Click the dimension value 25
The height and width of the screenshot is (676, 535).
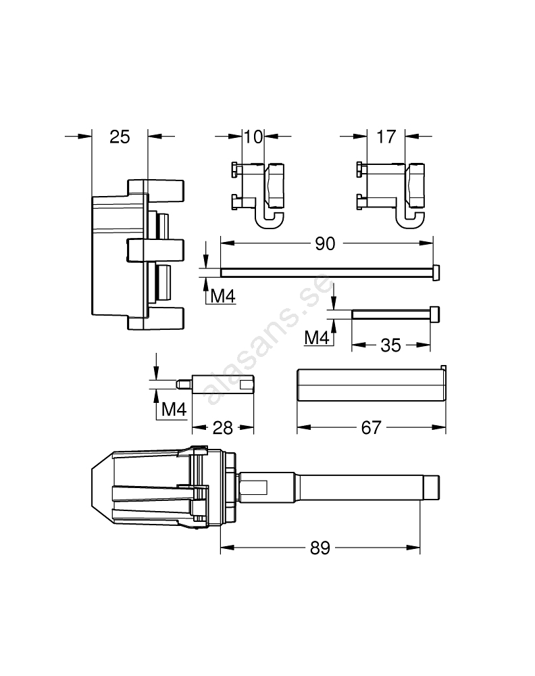(x=120, y=137)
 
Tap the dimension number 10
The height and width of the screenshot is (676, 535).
(x=253, y=137)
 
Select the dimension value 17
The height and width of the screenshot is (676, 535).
(x=386, y=137)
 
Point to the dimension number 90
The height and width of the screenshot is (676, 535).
(x=325, y=243)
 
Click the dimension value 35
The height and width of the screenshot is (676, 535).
(x=390, y=345)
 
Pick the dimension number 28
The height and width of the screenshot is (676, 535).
(x=223, y=428)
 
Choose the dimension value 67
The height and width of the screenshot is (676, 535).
(x=371, y=427)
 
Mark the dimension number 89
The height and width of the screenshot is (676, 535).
(x=320, y=548)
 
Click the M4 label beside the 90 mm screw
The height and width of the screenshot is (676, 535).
(x=223, y=296)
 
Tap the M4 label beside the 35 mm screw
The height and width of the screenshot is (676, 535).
(x=317, y=337)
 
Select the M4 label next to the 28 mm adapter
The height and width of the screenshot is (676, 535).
(x=174, y=409)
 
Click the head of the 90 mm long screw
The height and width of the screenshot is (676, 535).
(x=436, y=273)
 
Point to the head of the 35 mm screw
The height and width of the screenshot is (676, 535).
(x=435, y=315)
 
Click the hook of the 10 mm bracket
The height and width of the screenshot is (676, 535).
(x=270, y=218)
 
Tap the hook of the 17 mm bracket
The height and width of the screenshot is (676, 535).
(x=410, y=218)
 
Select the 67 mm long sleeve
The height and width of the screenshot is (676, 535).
(x=372, y=384)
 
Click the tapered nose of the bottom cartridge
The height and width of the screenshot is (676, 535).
(x=102, y=487)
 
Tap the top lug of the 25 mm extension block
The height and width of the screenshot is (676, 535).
(x=155, y=191)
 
